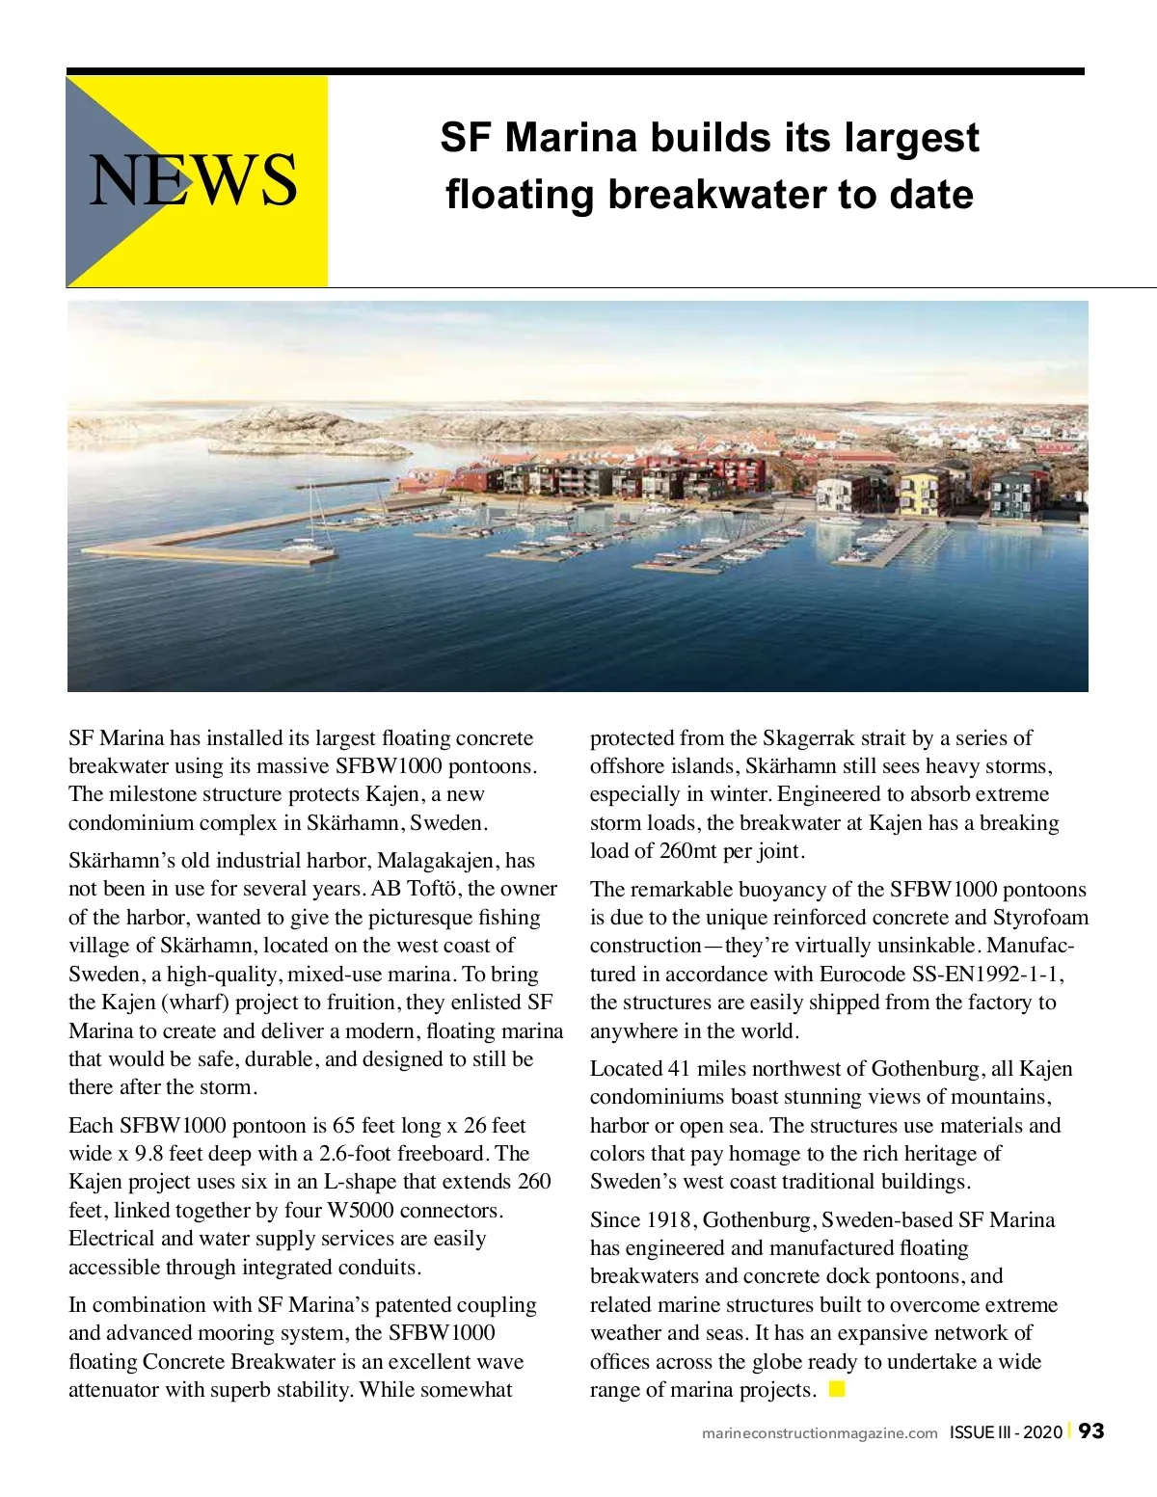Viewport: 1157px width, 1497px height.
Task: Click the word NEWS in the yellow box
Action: [x=194, y=180]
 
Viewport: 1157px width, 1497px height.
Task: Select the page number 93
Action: [x=1091, y=1431]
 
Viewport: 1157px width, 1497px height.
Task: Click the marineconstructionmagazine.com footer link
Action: [x=820, y=1433]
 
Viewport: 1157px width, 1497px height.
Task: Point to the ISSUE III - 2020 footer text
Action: [x=1006, y=1432]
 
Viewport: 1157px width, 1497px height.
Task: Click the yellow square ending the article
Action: [x=837, y=1389]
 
